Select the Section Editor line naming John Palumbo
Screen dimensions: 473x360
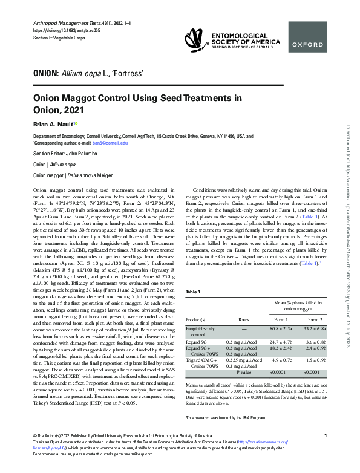(67, 154)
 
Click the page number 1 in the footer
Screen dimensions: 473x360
(326, 452)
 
